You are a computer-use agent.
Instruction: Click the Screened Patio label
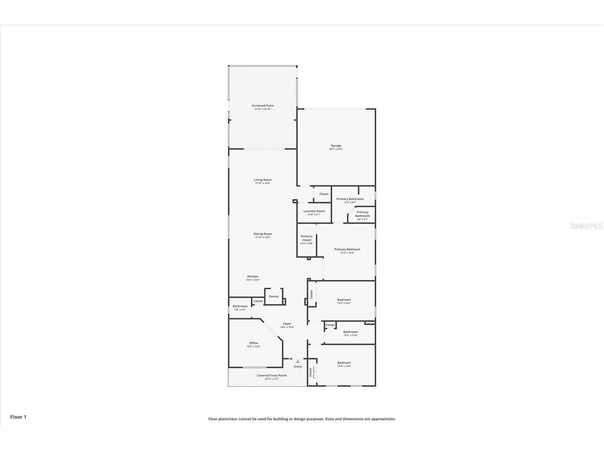263,106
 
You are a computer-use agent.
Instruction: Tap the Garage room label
336,146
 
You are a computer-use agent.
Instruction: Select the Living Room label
263,180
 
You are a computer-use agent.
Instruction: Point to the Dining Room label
263,234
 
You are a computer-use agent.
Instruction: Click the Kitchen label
253,276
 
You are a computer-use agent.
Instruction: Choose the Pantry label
274,296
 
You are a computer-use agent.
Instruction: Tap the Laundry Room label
314,211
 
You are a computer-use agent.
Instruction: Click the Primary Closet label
306,238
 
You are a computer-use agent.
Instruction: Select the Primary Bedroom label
347,249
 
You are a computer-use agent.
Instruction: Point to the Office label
253,343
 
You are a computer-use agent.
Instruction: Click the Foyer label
287,324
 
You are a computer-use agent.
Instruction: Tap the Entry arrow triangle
298,361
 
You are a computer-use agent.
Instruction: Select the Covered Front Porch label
272,375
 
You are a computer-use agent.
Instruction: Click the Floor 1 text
18,417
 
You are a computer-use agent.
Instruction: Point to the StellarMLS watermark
586,226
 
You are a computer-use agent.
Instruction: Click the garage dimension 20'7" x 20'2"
336,149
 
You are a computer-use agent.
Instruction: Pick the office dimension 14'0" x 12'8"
253,346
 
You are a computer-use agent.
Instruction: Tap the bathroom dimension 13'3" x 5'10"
351,335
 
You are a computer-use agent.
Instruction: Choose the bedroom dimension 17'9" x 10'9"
344,366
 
